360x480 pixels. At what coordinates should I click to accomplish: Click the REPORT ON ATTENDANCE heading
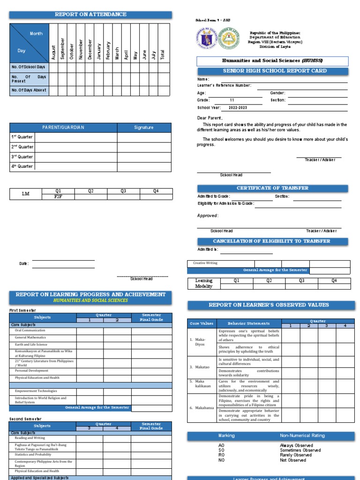(90, 15)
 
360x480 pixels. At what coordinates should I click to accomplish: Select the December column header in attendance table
(90, 49)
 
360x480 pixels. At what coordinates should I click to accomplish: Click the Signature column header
(143, 127)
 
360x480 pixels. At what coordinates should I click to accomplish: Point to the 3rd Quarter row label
(22, 157)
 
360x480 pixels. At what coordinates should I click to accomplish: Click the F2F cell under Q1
(58, 197)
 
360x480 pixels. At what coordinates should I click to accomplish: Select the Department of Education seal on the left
(205, 40)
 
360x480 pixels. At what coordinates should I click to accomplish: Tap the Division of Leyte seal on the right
(230, 40)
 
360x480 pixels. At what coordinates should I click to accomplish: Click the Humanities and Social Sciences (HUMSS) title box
(272, 61)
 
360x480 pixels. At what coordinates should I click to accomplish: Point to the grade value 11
(232, 100)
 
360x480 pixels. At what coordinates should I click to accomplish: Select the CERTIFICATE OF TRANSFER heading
(272, 188)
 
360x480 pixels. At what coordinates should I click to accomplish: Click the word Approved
(207, 216)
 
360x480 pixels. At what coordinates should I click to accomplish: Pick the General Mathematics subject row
(30, 337)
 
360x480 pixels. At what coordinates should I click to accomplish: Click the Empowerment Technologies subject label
(36, 391)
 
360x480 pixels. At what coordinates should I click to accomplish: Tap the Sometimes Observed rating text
(300, 450)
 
